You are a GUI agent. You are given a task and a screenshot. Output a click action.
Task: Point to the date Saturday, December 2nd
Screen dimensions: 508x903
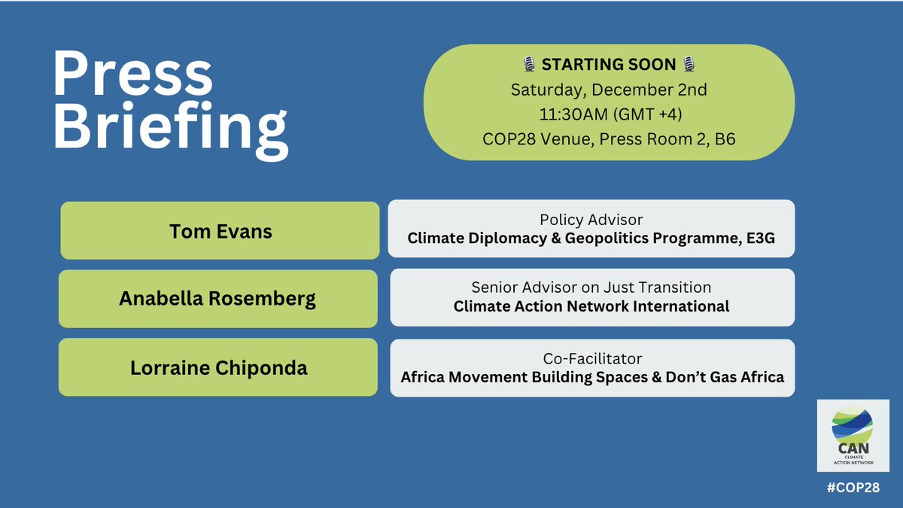(x=608, y=90)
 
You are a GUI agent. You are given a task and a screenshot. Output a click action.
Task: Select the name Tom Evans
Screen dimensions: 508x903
(x=220, y=230)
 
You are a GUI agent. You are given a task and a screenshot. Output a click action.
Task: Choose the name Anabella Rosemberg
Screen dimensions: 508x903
(x=217, y=299)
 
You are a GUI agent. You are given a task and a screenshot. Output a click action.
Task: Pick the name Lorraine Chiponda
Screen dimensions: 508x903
(x=217, y=369)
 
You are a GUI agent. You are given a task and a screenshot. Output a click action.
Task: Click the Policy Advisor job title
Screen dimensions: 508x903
(x=591, y=219)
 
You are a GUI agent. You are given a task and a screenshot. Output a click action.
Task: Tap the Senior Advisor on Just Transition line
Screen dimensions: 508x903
(x=591, y=287)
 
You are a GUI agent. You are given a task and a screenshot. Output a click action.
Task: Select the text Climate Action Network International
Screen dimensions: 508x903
(x=591, y=306)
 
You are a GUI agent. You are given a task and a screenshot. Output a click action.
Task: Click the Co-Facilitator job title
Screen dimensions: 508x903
(x=591, y=358)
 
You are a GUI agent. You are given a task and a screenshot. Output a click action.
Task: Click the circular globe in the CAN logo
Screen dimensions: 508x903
(x=853, y=426)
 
